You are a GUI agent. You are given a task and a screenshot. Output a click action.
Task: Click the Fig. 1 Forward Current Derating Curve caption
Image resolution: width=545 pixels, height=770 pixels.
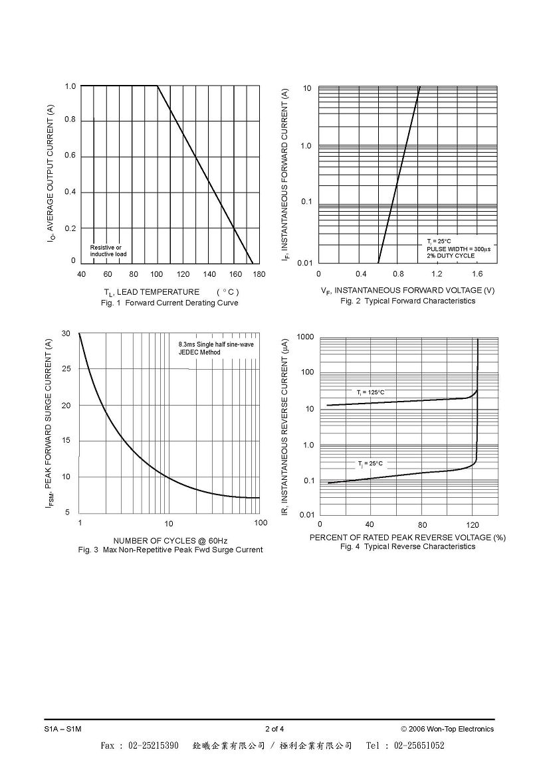169,303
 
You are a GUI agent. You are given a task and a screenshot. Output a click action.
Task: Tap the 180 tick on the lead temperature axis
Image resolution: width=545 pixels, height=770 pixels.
259,275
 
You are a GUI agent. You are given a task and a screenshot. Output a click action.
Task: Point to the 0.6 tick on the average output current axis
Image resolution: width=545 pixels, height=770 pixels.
70,156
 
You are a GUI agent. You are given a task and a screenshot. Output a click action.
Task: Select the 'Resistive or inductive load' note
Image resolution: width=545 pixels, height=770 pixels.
108,251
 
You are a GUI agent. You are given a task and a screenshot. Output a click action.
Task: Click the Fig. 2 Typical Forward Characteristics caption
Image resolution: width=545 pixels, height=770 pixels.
408,301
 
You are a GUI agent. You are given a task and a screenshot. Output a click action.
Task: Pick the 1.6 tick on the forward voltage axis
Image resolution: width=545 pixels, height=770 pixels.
477,274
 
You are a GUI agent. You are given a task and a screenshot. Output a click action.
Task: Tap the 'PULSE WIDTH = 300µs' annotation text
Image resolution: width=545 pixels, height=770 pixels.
459,249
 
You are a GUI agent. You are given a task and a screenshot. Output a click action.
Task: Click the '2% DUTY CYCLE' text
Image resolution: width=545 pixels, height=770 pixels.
451,256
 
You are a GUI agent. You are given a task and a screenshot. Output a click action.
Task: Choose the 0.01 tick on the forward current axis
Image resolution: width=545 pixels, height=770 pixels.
305,264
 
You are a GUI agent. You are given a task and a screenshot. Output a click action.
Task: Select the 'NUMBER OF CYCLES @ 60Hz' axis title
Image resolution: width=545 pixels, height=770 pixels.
170,541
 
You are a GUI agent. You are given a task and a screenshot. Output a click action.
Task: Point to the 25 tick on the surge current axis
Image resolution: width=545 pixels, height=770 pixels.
66,369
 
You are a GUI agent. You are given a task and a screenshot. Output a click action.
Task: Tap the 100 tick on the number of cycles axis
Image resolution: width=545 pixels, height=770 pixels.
261,523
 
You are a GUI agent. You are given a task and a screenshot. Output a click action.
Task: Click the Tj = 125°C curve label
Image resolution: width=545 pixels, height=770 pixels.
371,392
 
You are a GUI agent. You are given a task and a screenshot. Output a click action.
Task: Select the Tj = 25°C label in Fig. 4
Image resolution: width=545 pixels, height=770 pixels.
370,463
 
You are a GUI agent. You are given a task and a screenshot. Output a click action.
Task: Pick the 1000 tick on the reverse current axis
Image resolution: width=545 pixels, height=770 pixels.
306,337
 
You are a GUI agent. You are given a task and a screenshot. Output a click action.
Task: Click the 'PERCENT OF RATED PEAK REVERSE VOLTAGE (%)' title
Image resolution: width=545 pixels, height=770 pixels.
408,538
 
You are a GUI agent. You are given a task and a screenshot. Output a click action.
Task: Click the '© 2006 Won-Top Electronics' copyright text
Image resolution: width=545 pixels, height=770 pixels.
447,729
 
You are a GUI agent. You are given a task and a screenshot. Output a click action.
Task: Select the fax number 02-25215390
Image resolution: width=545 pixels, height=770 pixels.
154,745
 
